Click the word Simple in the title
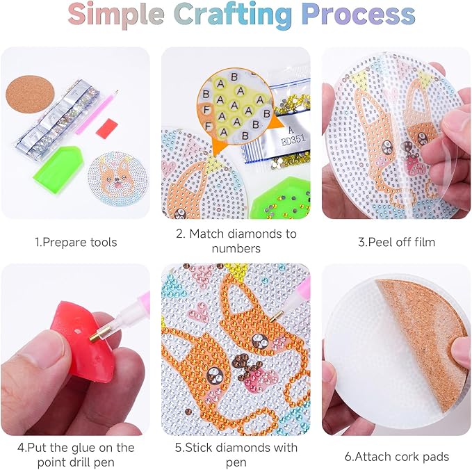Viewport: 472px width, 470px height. click(x=116, y=15)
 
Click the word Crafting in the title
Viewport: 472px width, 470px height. click(x=233, y=15)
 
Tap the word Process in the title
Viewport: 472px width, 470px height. click(x=358, y=15)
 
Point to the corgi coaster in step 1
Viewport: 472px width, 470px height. click(x=118, y=179)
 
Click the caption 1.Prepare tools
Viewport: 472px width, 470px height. click(x=76, y=242)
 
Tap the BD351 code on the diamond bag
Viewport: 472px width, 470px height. click(x=293, y=140)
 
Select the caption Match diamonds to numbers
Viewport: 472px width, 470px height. click(x=236, y=241)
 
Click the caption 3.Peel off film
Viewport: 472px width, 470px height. click(x=396, y=242)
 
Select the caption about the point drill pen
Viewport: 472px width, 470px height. click(x=76, y=455)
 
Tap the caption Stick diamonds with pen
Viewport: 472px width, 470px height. click(x=236, y=455)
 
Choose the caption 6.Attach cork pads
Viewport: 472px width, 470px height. click(x=397, y=457)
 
